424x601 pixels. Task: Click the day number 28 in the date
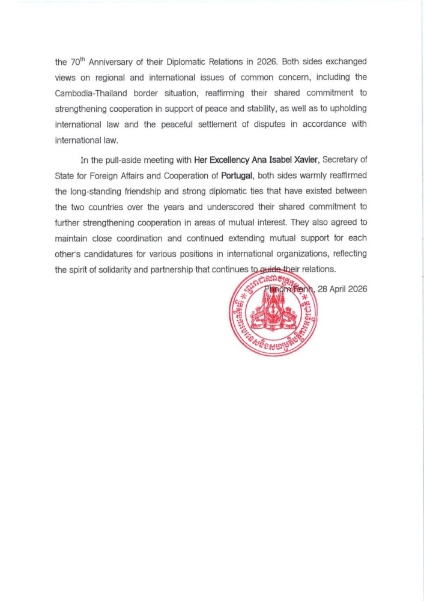(323, 289)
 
